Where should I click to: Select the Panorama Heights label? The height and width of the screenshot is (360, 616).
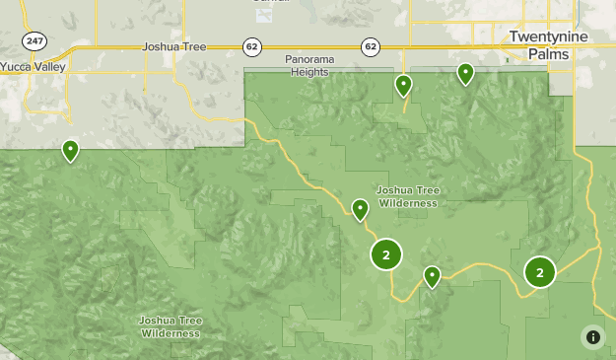pyautogui.click(x=310, y=65)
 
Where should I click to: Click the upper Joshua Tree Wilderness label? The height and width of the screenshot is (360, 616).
pyautogui.click(x=407, y=195)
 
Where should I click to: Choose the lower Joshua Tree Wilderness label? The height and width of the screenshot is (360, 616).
pyautogui.click(x=171, y=326)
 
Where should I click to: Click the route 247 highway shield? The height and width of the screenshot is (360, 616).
pyautogui.click(x=34, y=39)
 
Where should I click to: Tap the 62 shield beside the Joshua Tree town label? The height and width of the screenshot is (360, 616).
pyautogui.click(x=251, y=45)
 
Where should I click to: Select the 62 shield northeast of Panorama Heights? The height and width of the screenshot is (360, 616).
pyautogui.click(x=370, y=45)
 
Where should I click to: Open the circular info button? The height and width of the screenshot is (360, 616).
pyautogui.click(x=592, y=336)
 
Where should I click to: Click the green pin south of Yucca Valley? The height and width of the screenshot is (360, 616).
pyautogui.click(x=70, y=150)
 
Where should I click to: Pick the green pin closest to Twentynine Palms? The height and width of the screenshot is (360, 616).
pyautogui.click(x=465, y=73)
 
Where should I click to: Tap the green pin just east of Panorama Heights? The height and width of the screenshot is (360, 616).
pyautogui.click(x=403, y=85)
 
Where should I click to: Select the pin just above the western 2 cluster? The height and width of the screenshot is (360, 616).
pyautogui.click(x=360, y=209)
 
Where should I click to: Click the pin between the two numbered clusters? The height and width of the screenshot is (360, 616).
pyautogui.click(x=432, y=276)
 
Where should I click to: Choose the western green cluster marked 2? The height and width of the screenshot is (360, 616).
pyautogui.click(x=385, y=254)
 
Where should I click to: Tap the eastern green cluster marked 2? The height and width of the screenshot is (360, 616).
pyautogui.click(x=540, y=271)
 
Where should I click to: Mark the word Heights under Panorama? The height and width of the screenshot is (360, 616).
pyautogui.click(x=310, y=72)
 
